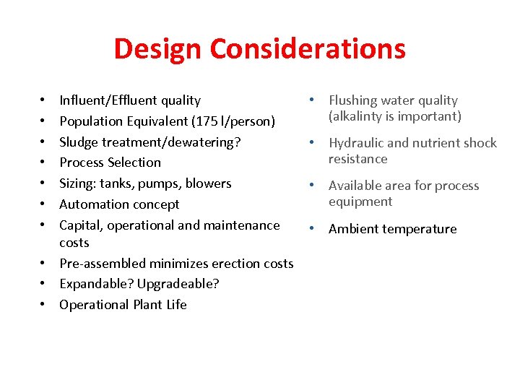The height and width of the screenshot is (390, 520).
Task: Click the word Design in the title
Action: pos(158,49)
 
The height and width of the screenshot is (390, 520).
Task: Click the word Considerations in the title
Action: pos(308,49)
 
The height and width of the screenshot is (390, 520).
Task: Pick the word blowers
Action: pos(208,183)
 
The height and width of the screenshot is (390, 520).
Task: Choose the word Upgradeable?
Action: pos(179,284)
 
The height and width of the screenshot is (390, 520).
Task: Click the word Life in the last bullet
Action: pos(176,305)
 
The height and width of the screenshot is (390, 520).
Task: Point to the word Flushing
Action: pos(353,100)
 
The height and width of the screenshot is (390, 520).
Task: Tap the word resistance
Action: pos(357,159)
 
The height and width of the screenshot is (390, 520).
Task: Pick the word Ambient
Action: pos(353,229)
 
